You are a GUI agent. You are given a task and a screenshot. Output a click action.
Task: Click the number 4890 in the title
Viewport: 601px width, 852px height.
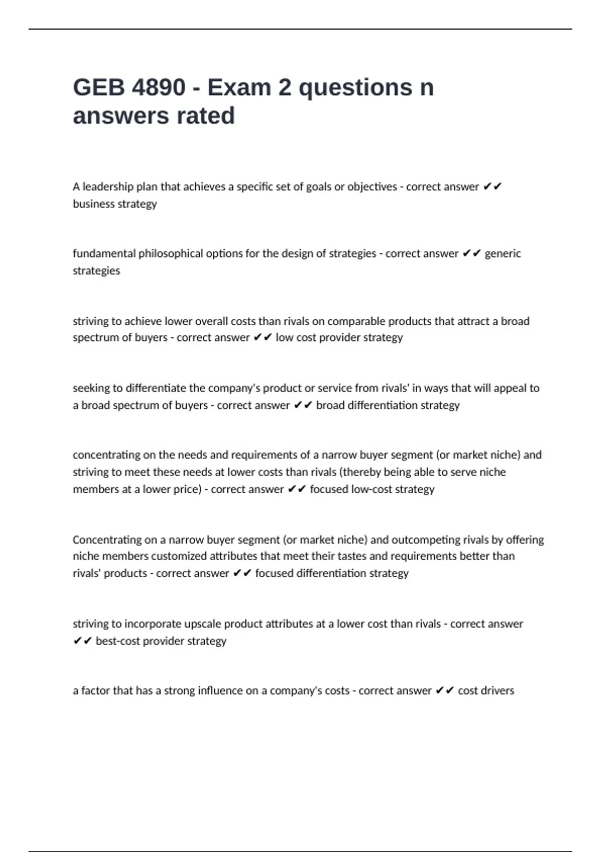(158, 88)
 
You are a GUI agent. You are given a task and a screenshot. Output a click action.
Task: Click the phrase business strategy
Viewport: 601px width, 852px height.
(115, 204)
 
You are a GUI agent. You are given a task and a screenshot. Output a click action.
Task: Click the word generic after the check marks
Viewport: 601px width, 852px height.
(502, 254)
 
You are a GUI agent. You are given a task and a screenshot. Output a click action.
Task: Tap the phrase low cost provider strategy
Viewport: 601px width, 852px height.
(339, 338)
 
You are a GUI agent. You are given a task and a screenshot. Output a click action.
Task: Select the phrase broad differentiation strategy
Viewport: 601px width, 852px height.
(388, 405)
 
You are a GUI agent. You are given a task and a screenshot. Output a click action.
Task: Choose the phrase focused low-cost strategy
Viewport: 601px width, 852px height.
(372, 489)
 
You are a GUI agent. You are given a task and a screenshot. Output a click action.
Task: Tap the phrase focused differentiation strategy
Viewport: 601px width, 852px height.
(332, 573)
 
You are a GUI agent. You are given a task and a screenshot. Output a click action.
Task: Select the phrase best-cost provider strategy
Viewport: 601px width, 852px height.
(161, 641)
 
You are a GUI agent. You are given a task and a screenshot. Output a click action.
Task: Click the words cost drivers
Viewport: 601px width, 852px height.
(486, 691)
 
